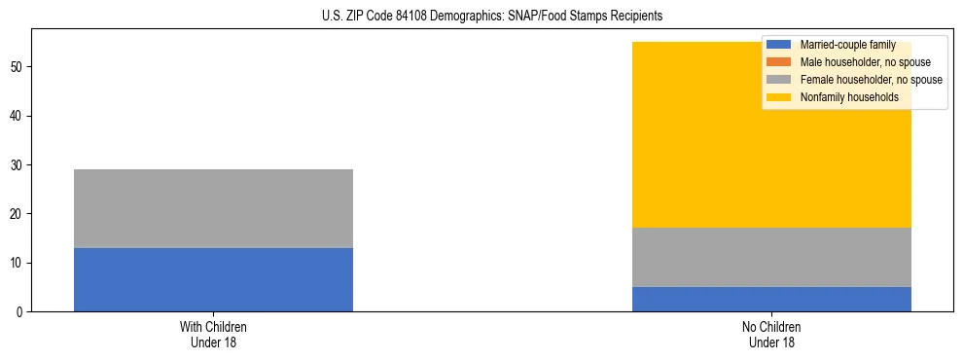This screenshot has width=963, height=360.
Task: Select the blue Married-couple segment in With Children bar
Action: [213, 279]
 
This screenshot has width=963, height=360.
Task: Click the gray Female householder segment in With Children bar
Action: [213, 208]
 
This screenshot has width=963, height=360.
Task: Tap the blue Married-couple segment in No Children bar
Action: [771, 299]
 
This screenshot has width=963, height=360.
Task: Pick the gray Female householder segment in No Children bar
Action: [771, 257]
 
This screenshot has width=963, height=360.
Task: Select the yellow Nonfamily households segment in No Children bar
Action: [681, 135]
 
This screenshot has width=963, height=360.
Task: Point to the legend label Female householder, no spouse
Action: [871, 80]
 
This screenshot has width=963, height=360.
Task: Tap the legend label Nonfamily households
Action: [849, 97]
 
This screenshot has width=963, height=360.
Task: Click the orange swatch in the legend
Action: [779, 62]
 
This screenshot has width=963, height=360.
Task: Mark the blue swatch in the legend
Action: [779, 45]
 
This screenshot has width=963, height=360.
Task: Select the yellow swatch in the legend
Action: [779, 97]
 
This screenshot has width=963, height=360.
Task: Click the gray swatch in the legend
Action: [779, 80]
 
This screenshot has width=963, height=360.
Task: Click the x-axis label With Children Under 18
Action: [213, 335]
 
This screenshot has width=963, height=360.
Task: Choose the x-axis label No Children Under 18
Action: [771, 335]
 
